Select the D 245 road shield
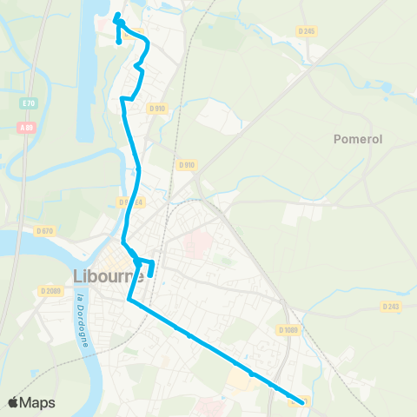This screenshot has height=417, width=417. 306,31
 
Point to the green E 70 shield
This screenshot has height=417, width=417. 28,103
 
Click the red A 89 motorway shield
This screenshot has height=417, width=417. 28,126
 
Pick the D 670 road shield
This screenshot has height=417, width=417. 45,230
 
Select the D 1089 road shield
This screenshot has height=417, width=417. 288,329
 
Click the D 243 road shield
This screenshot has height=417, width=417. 391,306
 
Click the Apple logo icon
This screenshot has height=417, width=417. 14,402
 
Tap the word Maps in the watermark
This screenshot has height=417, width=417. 38,402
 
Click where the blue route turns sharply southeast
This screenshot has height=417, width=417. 129,301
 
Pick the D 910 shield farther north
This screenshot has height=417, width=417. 156,109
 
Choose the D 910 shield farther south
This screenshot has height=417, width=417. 186,164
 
